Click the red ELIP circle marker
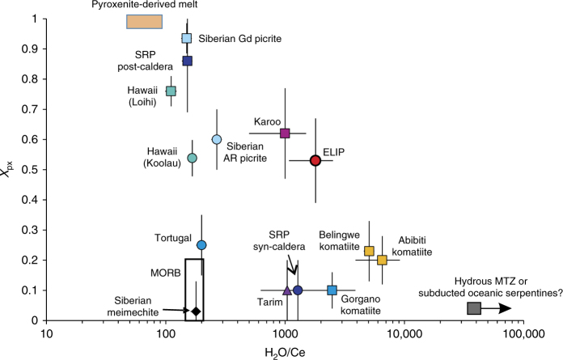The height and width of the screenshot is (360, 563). click(x=315, y=160)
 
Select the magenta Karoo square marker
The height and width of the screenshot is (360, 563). click(x=285, y=133)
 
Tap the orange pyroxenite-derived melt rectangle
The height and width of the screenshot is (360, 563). click(x=145, y=21)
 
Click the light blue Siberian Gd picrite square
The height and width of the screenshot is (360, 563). click(x=187, y=38)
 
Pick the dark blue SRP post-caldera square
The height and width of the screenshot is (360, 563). click(x=188, y=61)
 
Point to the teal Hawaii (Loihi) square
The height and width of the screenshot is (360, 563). click(x=171, y=91)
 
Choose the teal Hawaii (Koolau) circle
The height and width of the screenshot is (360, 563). click(x=193, y=158)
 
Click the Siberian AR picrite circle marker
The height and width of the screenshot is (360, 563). click(x=216, y=139)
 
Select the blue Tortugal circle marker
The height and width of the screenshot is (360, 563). click(x=201, y=245)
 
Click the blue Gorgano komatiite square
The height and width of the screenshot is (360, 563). click(x=332, y=290)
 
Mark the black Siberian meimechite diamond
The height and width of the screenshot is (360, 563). click(x=195, y=311)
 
